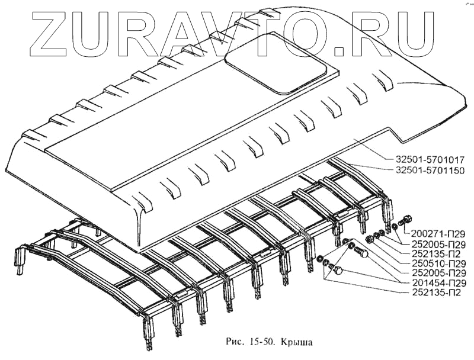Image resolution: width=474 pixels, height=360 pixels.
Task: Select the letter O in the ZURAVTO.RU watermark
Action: [308, 30]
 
